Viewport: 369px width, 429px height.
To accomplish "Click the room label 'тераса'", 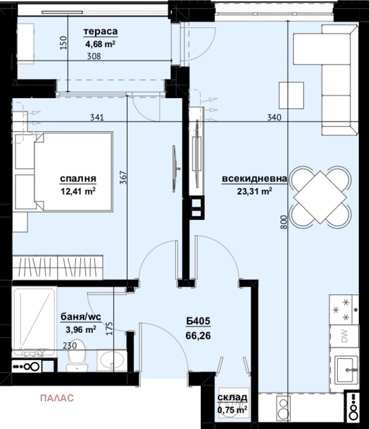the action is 101,32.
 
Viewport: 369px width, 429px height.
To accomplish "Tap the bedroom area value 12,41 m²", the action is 78,191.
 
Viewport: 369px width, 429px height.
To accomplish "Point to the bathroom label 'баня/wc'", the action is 81,316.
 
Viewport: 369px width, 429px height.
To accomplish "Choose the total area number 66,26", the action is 198,336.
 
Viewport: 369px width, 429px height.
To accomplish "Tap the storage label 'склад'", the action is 232,397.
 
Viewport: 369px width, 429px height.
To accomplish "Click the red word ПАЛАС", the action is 57,398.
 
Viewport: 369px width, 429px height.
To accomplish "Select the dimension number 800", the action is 284,222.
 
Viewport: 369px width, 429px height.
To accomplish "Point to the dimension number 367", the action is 123,177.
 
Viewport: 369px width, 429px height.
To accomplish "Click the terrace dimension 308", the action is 94,56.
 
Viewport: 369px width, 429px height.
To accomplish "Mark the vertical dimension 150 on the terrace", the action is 64,43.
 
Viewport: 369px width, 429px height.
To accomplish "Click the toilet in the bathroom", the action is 77,355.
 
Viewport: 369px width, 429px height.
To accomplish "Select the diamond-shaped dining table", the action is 320,197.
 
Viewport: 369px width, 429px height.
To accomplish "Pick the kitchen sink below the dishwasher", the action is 347,370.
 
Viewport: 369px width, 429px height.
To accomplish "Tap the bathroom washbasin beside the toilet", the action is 112,360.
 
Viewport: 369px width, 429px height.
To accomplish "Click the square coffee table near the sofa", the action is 292,95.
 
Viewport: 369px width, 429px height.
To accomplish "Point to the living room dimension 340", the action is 274,117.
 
